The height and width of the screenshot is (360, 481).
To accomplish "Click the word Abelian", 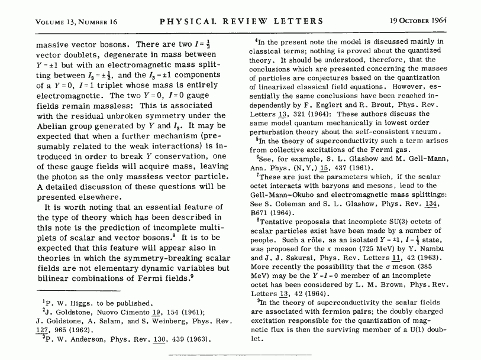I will pyautogui.click(x=51, y=127).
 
